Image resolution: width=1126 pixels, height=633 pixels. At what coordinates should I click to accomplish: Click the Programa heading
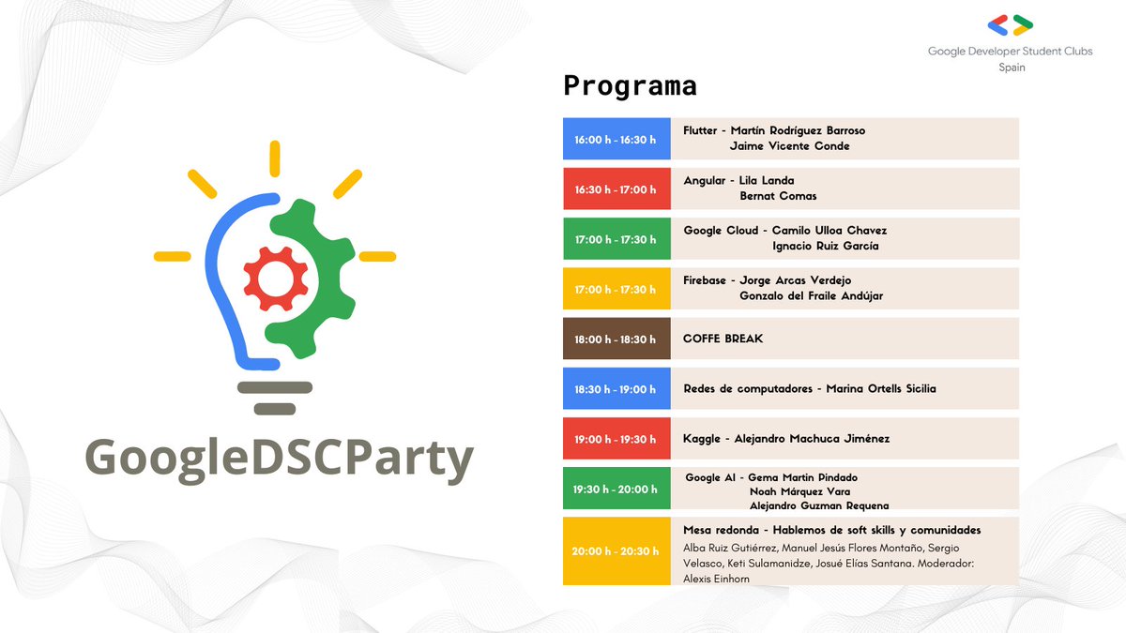(x=630, y=86)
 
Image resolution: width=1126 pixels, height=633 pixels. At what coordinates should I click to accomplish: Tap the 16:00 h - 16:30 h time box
(x=616, y=139)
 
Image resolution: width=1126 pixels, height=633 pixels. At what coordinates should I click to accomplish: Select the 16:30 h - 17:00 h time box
(x=616, y=189)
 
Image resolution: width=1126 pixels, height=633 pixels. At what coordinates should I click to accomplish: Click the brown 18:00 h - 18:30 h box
(x=616, y=339)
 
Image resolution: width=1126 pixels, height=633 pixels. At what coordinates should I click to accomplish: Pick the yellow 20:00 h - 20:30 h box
(x=616, y=550)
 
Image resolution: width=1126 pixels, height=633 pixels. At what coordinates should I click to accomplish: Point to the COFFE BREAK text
(x=723, y=339)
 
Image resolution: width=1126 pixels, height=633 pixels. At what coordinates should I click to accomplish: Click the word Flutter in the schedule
(x=700, y=131)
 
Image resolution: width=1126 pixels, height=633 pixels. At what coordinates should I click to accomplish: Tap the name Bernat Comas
(x=778, y=196)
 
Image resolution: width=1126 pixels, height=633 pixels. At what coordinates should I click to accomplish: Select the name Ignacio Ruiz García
(x=825, y=246)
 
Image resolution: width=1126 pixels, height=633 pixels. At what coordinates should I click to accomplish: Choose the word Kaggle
(x=702, y=438)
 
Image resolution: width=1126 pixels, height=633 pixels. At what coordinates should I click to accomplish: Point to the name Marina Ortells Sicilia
(x=880, y=388)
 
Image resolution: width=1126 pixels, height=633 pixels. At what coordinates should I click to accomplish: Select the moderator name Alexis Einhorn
(x=716, y=580)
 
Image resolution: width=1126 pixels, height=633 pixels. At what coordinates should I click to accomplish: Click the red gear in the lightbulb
(x=276, y=279)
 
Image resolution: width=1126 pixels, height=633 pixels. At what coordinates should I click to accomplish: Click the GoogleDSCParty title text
(x=279, y=460)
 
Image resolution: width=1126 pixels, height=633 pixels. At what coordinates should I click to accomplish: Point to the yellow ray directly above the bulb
(x=275, y=158)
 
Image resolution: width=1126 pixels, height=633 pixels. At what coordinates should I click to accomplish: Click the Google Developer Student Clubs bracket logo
(x=1011, y=25)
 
